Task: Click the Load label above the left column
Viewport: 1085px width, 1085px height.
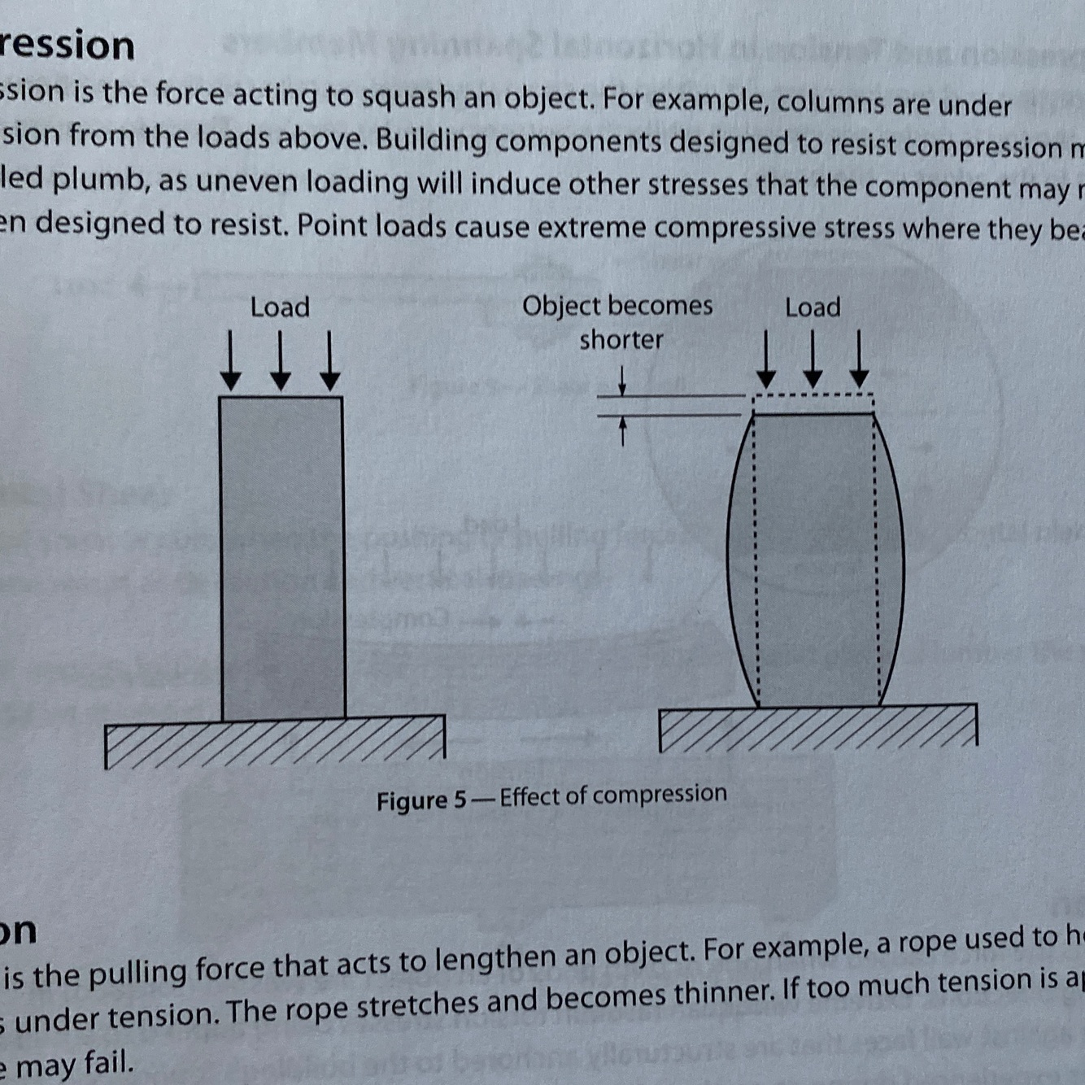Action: tap(280, 307)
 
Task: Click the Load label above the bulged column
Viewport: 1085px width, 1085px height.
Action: tap(813, 307)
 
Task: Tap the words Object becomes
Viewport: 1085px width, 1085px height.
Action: tap(617, 306)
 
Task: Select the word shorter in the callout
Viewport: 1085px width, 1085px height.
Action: tap(621, 339)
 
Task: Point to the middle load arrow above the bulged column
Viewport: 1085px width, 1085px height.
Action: tap(813, 359)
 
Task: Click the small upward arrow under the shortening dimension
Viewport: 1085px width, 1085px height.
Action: tap(623, 430)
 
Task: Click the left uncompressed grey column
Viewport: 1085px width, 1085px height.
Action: tap(282, 557)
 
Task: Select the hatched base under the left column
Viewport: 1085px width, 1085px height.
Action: tap(275, 742)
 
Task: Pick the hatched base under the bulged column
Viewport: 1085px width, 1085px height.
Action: tap(817, 728)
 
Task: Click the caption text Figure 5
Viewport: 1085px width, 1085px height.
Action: tap(421, 800)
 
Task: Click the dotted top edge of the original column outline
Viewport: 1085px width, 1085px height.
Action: tap(813, 396)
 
